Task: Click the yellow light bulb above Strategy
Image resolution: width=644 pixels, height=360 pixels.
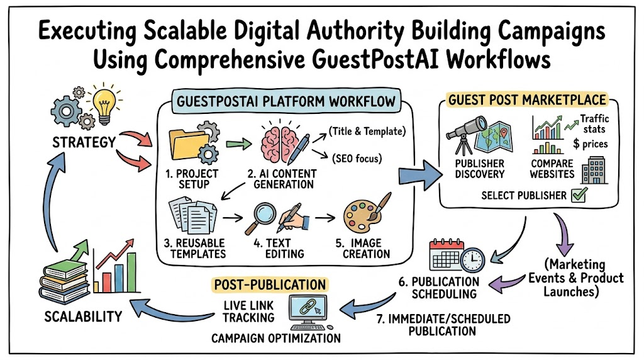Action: coord(104,105)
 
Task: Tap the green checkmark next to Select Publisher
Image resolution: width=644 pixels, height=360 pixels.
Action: coord(579,195)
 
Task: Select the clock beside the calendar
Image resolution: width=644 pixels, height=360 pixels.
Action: coord(472,260)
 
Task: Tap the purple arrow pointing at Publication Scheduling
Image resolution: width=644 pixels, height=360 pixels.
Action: coord(508,283)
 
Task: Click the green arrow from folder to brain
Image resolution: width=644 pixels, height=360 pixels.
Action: coord(238,144)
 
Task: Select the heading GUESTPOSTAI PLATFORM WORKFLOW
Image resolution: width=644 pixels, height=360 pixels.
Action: coord(286,101)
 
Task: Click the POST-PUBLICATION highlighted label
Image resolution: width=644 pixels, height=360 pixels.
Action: coord(270,284)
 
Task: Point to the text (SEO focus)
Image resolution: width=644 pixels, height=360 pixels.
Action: coord(357,159)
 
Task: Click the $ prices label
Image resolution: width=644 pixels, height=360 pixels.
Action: coord(590,144)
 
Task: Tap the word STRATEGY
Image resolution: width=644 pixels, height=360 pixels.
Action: coord(84,142)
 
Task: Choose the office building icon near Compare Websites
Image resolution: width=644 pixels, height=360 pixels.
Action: coord(594,170)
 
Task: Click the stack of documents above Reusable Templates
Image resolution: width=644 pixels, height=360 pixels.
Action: coord(194,215)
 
